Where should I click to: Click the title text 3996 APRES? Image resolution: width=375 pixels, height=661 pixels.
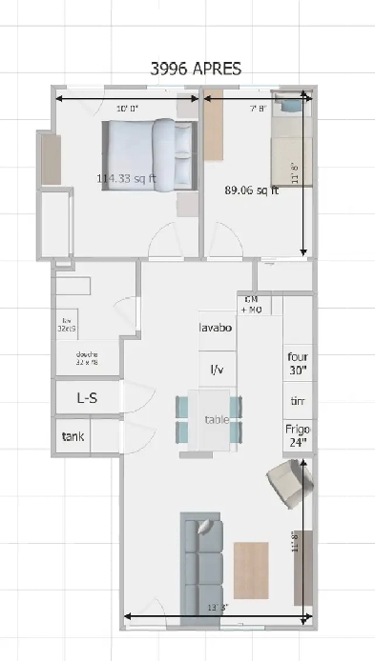pyautogui.click(x=197, y=69)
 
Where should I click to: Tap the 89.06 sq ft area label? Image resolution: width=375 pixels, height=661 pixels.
pyautogui.click(x=251, y=189)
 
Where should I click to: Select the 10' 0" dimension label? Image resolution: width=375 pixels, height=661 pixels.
pyautogui.click(x=127, y=107)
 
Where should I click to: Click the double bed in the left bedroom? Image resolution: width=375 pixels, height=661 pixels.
pyautogui.click(x=150, y=154)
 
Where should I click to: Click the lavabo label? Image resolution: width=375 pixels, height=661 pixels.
pyautogui.click(x=218, y=329)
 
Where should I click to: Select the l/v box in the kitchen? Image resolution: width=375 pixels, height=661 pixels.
pyautogui.click(x=217, y=369)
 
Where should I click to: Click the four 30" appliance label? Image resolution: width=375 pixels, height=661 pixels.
pyautogui.click(x=298, y=363)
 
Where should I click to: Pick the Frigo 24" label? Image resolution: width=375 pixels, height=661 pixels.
pyautogui.click(x=298, y=435)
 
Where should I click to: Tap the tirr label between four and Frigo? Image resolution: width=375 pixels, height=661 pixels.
pyautogui.click(x=298, y=401)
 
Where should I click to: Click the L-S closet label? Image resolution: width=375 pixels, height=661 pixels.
pyautogui.click(x=87, y=399)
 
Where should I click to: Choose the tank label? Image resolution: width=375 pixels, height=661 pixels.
pyautogui.click(x=74, y=437)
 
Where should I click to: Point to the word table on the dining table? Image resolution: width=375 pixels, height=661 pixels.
pyautogui.click(x=217, y=419)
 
